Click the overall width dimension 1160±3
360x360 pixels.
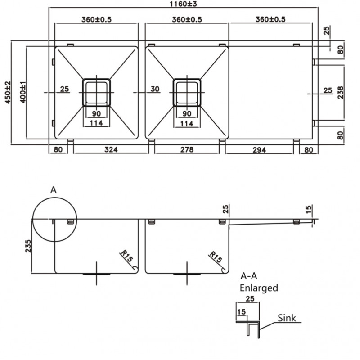coord(183,4)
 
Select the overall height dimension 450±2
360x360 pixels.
coord(8,93)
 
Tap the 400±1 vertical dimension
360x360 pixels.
coord(23,92)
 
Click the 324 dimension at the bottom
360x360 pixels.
coord(111,150)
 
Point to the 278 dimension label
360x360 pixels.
coord(187,150)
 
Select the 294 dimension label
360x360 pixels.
coord(259,150)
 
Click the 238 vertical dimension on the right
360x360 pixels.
coord(341,93)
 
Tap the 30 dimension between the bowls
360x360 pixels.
coord(155,89)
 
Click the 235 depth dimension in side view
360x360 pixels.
coord(28,246)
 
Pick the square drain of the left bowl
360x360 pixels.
coord(96,93)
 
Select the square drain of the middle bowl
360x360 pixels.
coord(187,93)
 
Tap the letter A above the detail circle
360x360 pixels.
coord(53,190)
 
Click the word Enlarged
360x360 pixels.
coord(259,288)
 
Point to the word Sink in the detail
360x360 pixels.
coord(287,318)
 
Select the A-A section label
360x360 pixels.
coord(249,276)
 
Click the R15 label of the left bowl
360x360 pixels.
coord(126,256)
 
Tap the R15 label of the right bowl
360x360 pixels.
coord(216,257)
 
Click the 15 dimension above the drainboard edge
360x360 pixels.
coord(309,209)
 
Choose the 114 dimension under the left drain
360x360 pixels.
coord(96,123)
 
